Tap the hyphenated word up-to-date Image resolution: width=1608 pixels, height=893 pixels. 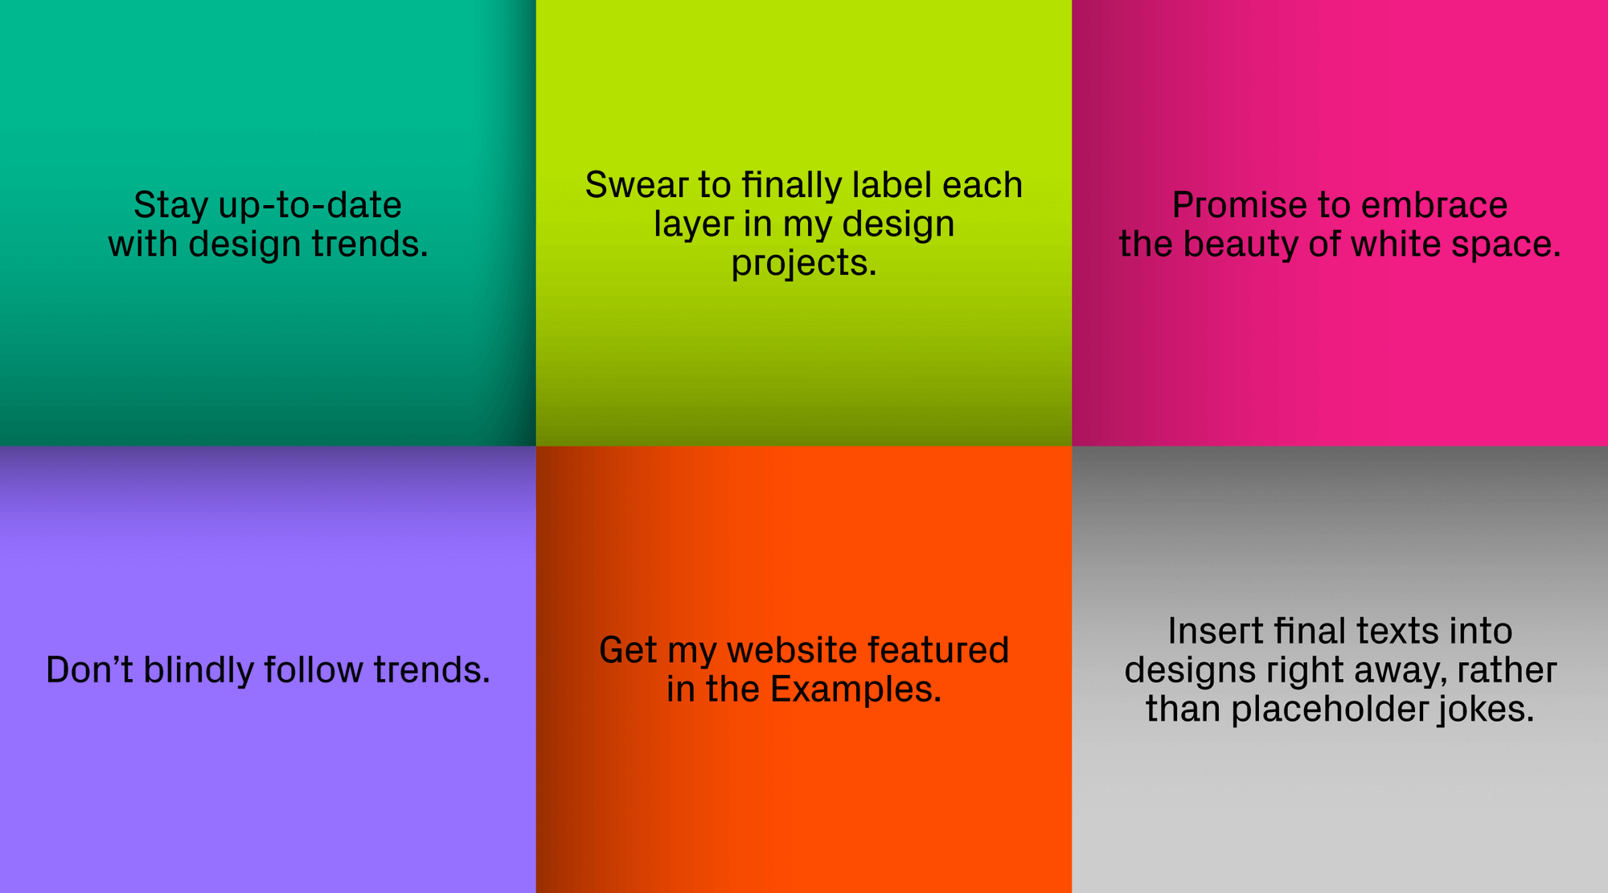click(310, 206)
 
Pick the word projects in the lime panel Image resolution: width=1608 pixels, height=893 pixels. click(803, 264)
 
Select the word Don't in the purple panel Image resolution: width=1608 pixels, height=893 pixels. click(89, 670)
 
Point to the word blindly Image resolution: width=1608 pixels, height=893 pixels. click(198, 670)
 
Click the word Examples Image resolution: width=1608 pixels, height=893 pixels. click(855, 689)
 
